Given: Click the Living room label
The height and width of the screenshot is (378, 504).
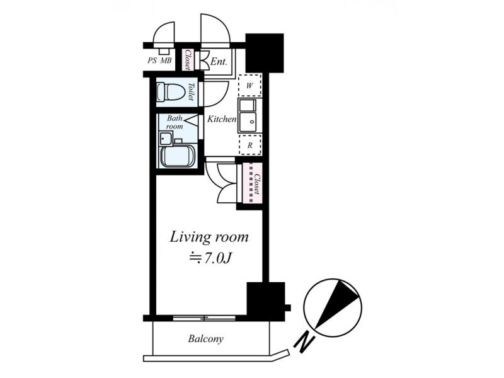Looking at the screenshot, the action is [x=209, y=238].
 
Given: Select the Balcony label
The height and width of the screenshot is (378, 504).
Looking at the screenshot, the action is [x=206, y=339].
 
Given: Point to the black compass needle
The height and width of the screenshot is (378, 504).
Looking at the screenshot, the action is [x=337, y=304].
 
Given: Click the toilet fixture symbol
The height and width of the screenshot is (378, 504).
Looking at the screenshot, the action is [x=170, y=91].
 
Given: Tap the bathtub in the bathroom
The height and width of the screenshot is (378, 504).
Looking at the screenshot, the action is [x=177, y=156].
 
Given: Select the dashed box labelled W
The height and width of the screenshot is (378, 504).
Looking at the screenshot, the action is [x=249, y=85].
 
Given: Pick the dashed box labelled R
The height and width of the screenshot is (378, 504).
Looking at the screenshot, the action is [x=249, y=145].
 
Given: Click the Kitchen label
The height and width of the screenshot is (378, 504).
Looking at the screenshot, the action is [x=222, y=119].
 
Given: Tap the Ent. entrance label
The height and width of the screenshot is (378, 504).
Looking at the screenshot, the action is [x=219, y=61].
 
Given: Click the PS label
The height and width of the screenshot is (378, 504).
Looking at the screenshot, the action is [x=152, y=60].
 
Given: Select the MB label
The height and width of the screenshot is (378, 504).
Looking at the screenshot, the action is [x=166, y=60].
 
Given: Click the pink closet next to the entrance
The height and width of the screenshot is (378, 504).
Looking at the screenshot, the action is [x=187, y=60].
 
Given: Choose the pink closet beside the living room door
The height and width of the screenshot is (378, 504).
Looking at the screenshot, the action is [x=253, y=183].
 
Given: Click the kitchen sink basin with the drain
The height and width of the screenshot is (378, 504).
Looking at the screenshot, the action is [x=248, y=122].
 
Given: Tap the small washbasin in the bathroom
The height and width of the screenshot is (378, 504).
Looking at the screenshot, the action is [x=166, y=138].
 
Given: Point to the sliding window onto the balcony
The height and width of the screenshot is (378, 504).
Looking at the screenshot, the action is [x=204, y=318].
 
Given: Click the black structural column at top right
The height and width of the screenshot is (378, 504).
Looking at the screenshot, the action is [x=265, y=53].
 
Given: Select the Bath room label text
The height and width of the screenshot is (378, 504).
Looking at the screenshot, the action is [x=175, y=122].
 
